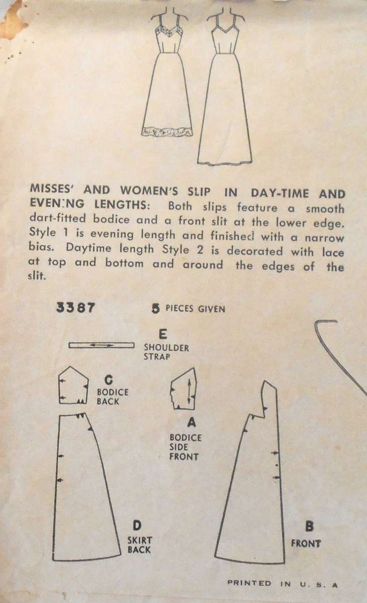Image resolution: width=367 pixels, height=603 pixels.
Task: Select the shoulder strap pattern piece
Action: pyautogui.click(x=101, y=345)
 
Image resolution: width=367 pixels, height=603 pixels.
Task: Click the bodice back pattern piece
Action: pyautogui.click(x=73, y=385)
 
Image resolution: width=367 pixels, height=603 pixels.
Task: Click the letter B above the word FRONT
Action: pyautogui.click(x=310, y=527)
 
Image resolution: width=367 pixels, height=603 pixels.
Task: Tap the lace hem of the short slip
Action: pyautogui.click(x=167, y=132)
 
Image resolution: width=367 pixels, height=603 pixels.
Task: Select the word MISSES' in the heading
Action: pyautogui.click(x=47, y=194)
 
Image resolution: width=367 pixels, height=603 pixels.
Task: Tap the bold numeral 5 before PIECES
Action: pyautogui.click(x=156, y=309)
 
